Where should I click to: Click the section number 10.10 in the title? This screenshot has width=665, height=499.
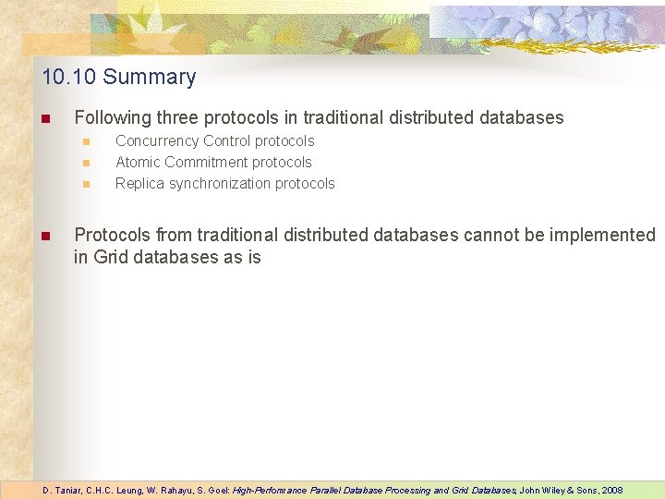69,77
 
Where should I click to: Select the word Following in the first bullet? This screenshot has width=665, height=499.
113,118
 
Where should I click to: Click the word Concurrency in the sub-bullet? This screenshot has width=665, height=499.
157,141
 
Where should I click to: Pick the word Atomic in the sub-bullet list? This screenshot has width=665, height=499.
138,163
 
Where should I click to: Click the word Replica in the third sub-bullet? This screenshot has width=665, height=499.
139,184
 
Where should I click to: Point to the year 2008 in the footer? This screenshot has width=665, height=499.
612,490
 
